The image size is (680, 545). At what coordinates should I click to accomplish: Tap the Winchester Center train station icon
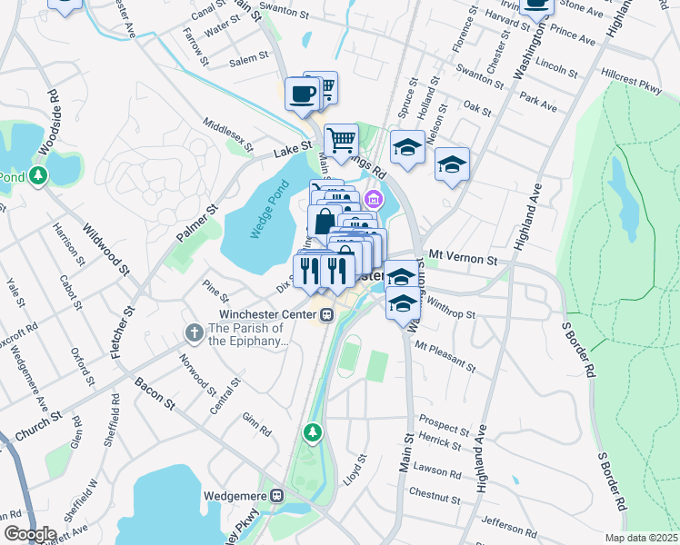tap(326, 315)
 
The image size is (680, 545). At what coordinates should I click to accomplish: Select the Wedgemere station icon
tap(278, 496)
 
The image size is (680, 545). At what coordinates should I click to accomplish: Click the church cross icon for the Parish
tap(194, 333)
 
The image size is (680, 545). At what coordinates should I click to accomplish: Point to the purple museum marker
tap(372, 198)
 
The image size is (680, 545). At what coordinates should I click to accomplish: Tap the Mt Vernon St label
tap(464, 259)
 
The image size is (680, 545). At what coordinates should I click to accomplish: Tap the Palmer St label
tap(199, 223)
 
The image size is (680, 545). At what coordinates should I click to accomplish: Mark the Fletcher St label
tap(122, 332)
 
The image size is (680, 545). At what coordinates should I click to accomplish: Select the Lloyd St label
tap(353, 471)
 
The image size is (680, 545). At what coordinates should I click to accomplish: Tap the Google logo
tap(30, 534)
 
